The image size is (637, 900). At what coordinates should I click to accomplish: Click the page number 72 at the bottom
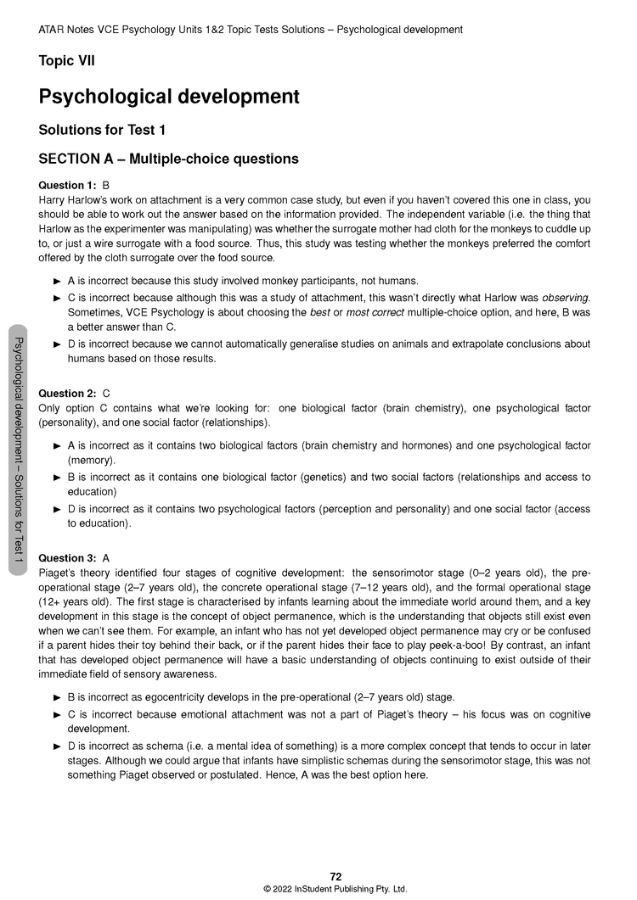click(x=335, y=876)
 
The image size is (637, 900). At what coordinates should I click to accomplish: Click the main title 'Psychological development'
click(x=169, y=97)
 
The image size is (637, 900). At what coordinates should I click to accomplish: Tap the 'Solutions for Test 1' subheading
click(x=102, y=130)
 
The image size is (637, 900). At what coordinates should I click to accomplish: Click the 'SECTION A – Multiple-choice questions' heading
click(x=168, y=159)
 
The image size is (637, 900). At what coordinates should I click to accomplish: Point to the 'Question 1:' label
click(x=67, y=185)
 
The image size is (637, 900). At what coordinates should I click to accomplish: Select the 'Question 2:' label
click(x=67, y=394)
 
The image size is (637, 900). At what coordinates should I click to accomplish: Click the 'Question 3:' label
click(x=67, y=558)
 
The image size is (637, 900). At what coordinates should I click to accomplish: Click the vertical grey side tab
click(x=17, y=450)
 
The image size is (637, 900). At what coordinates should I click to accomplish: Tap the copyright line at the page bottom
click(x=335, y=889)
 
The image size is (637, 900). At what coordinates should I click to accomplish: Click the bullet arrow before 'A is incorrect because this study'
click(x=57, y=281)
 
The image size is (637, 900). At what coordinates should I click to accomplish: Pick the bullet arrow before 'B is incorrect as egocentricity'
click(x=57, y=697)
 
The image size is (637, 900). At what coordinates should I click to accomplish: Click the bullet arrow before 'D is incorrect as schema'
click(x=57, y=746)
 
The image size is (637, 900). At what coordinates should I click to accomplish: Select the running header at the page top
click(x=251, y=30)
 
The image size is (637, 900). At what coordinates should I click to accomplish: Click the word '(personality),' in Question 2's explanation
click(x=70, y=422)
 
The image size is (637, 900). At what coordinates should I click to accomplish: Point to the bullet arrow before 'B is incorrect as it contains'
click(x=57, y=478)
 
